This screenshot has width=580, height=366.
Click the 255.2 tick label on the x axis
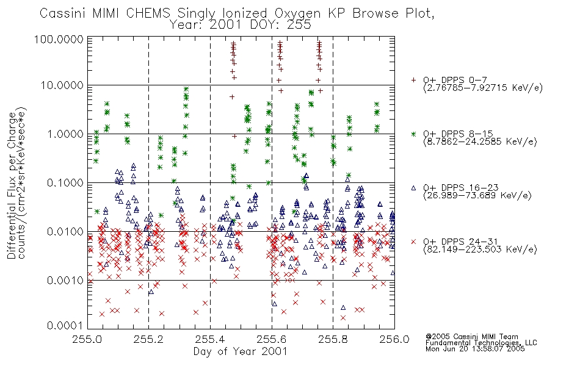tap(148, 339)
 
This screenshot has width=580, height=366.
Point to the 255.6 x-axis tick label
tap(271, 339)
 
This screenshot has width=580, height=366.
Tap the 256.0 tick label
tap(394, 339)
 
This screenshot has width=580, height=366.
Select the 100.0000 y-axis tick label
tap(59, 39)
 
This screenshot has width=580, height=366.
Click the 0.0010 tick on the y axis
tap(65, 281)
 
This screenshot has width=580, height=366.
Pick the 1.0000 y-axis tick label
tap(65, 134)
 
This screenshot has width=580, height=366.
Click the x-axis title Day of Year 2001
tap(241, 351)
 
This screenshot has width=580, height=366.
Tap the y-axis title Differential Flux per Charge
tap(12, 185)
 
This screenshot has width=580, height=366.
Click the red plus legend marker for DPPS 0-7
tap(413, 80)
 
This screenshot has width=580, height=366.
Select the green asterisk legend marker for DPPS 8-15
tap(413, 134)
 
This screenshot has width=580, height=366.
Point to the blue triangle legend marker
tap(413, 188)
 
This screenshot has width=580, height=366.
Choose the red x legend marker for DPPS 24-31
tap(413, 242)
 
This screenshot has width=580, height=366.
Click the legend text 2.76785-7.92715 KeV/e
tap(483, 88)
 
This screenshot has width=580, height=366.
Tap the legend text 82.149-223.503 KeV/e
tap(480, 249)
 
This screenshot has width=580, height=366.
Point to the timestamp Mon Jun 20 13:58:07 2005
tap(475, 349)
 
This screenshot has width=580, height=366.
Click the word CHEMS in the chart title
tap(148, 13)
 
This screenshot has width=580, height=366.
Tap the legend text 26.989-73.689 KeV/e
tap(477, 196)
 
